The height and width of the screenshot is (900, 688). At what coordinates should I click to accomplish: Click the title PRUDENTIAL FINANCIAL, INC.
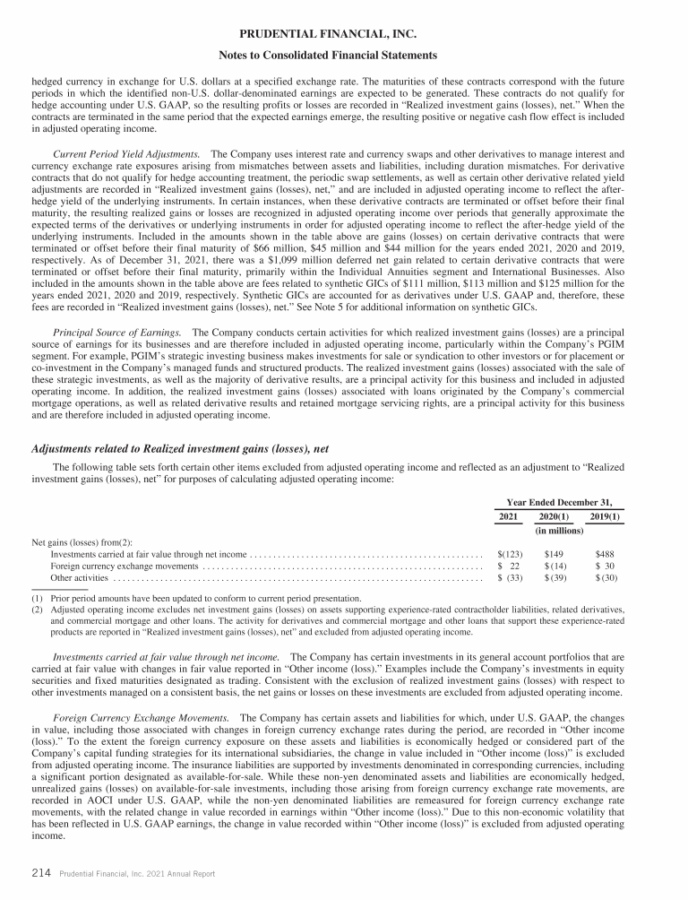[x=344, y=36]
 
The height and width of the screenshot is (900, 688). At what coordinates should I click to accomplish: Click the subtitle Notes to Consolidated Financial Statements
[x=344, y=56]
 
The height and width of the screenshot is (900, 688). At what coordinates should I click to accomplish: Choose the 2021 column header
[x=508, y=517]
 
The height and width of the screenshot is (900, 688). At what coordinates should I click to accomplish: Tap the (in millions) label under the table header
[x=559, y=532]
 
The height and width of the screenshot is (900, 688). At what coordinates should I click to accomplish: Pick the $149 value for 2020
[x=554, y=555]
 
